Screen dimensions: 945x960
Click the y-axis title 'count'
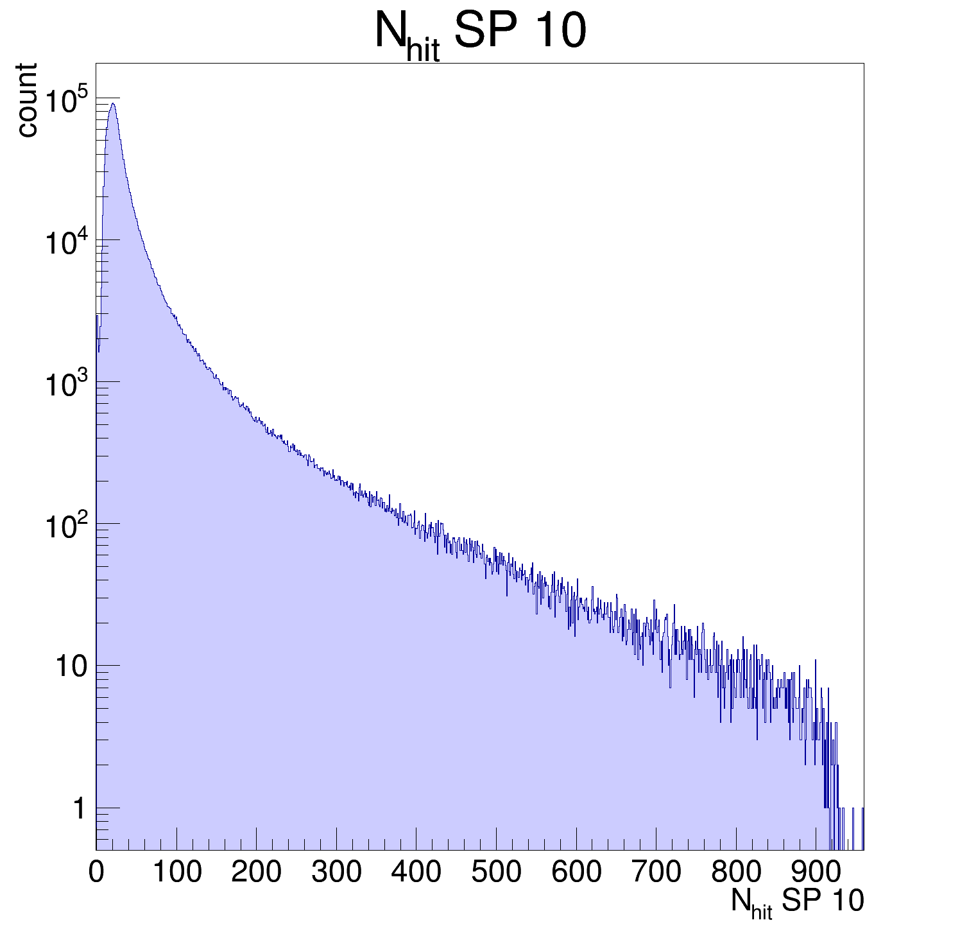pyautogui.click(x=27, y=100)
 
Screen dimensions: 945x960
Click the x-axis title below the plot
pyautogui.click(x=797, y=903)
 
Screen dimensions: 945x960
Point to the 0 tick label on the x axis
pyautogui.click(x=96, y=872)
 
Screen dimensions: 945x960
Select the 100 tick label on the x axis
pyautogui.click(x=176, y=872)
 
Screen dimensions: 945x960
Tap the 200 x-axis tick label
pyautogui.click(x=256, y=872)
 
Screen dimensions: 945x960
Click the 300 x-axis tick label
pyautogui.click(x=336, y=872)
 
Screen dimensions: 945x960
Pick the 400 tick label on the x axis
pyautogui.click(x=416, y=872)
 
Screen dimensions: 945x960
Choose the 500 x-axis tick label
pyautogui.click(x=496, y=872)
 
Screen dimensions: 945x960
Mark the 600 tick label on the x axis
pyautogui.click(x=576, y=872)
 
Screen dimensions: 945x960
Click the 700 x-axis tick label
pyautogui.click(x=656, y=872)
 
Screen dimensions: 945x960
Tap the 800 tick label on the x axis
pyautogui.click(x=736, y=872)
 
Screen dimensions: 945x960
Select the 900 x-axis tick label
pyautogui.click(x=816, y=872)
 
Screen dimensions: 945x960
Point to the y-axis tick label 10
pyautogui.click(x=71, y=667)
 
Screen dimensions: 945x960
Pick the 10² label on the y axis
pyautogui.click(x=67, y=526)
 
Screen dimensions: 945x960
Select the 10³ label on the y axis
pyautogui.click(x=67, y=385)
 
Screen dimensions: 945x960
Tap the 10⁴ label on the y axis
pyautogui.click(x=67, y=243)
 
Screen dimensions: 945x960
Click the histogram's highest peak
pyautogui.click(x=113, y=104)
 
